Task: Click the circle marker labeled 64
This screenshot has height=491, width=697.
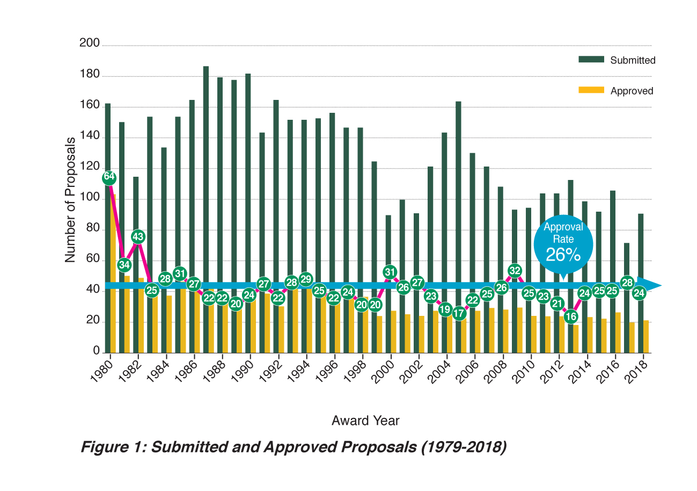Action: pyautogui.click(x=109, y=177)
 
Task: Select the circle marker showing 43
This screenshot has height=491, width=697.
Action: pyautogui.click(x=138, y=237)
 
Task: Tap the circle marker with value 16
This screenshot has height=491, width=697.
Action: pyautogui.click(x=571, y=316)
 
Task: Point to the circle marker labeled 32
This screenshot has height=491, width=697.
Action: pyautogui.click(x=515, y=270)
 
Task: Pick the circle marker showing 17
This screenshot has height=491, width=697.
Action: pyautogui.click(x=459, y=313)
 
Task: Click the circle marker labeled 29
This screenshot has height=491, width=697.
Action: pyautogui.click(x=305, y=279)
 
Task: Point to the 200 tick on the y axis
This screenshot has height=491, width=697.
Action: pyautogui.click(x=90, y=44)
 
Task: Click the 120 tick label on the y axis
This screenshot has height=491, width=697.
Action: pyautogui.click(x=90, y=168)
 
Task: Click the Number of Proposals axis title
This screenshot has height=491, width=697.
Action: pyautogui.click(x=70, y=199)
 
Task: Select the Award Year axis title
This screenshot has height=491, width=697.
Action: pyautogui.click(x=365, y=421)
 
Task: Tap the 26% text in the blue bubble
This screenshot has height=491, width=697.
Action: pyautogui.click(x=563, y=255)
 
